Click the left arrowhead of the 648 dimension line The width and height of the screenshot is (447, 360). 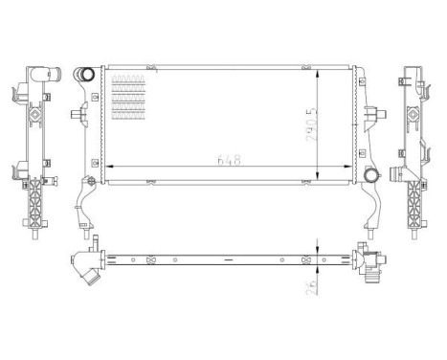pos(107,168)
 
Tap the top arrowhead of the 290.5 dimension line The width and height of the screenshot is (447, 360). pos(318,70)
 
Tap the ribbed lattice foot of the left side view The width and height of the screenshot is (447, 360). pos(37,206)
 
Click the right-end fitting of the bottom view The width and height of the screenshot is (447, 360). pos(368,260)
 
